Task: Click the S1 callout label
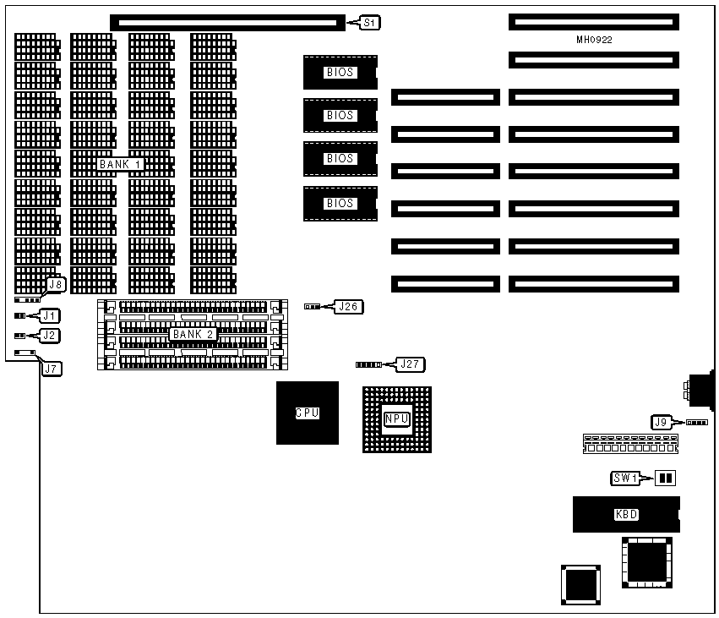pyautogui.click(x=369, y=23)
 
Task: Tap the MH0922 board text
pyautogui.click(x=595, y=40)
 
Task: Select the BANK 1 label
pyautogui.click(x=121, y=164)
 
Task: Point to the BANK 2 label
pyautogui.click(x=193, y=335)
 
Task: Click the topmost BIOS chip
pyautogui.click(x=340, y=73)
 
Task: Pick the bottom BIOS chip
pyautogui.click(x=340, y=203)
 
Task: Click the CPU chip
pyautogui.click(x=307, y=413)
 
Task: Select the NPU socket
pyautogui.click(x=396, y=419)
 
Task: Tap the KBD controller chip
pyautogui.click(x=626, y=514)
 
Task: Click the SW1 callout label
pyautogui.click(x=627, y=479)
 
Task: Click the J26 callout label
pyautogui.click(x=348, y=307)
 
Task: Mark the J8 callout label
pyautogui.click(x=55, y=285)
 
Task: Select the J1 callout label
pyautogui.click(x=49, y=316)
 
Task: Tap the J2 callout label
pyautogui.click(x=49, y=336)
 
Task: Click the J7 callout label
pyautogui.click(x=51, y=369)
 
